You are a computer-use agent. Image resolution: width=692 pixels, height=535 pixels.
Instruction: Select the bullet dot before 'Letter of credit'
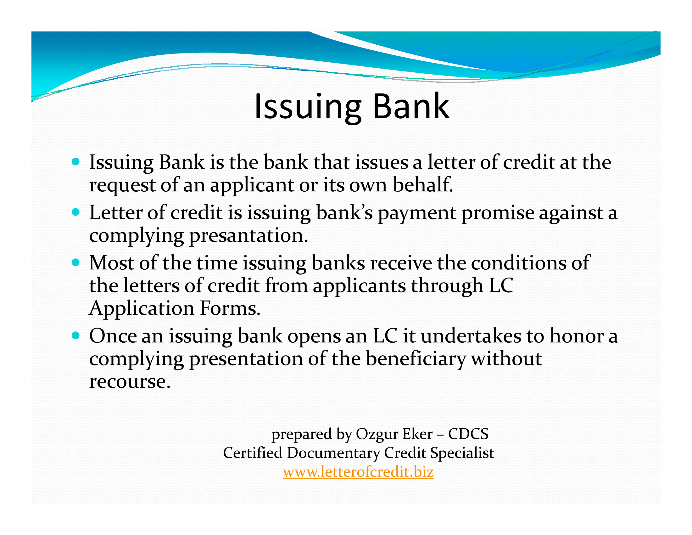tap(75, 212)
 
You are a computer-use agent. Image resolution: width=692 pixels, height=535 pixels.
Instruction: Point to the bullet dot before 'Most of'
tap(75, 262)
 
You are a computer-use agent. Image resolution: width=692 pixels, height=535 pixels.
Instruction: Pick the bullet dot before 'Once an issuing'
tap(75, 335)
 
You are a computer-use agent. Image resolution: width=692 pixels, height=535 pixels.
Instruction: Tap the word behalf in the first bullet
tap(423, 184)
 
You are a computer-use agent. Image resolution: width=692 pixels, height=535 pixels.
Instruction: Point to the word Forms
tap(230, 308)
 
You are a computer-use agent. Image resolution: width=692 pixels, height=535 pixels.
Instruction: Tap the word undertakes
tap(471, 336)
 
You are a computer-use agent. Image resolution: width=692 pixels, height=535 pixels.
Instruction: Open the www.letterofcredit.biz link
tap(358, 472)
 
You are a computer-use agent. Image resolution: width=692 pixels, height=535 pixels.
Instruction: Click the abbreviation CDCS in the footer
tap(468, 434)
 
